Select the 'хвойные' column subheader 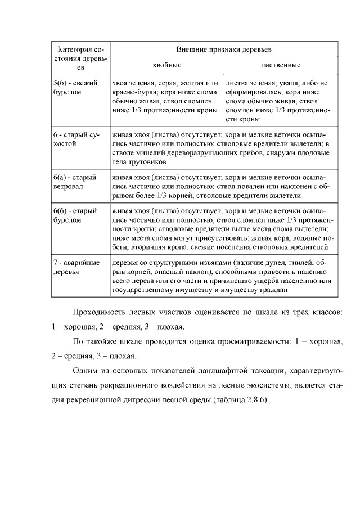(x=166, y=65)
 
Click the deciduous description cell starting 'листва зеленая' (x=277, y=101)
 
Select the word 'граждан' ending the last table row (x=275, y=290)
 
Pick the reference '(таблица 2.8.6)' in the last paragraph (x=238, y=400)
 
